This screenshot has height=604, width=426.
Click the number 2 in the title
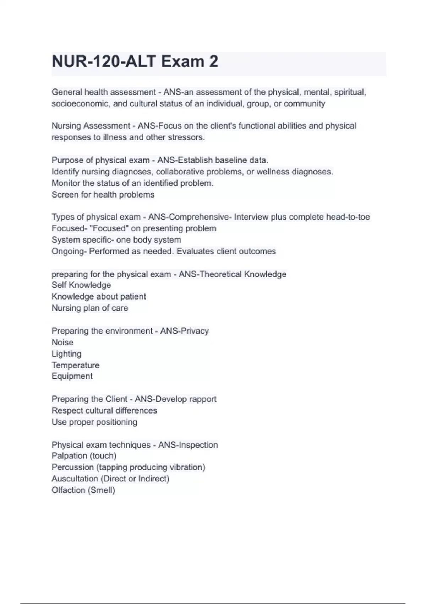213,62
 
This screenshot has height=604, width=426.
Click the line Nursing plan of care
90,308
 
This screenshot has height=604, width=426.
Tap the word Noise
62,343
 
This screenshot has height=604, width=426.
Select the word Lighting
66,354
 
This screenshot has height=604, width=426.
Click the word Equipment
72,376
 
